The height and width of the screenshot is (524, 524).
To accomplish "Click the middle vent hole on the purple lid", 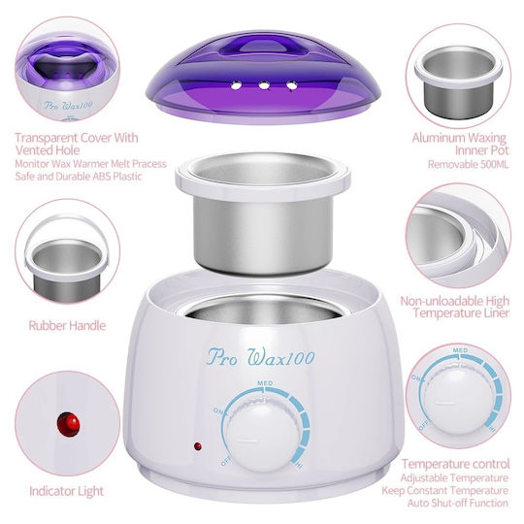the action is (264, 86).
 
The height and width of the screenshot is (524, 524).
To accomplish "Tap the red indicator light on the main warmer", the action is (198, 446).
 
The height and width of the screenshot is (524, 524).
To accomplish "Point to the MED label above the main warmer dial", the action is (265, 383).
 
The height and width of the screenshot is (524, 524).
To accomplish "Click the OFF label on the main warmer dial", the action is (226, 462).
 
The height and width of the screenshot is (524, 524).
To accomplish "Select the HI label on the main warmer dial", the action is (298, 464).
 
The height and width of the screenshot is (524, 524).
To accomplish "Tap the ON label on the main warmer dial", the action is (218, 411).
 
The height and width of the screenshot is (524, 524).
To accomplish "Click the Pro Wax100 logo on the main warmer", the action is (261, 357).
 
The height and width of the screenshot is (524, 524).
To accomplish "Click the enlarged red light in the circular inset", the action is (69, 424).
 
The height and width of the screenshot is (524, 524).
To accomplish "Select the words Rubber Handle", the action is (67, 325).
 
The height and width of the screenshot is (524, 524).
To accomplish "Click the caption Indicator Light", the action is (67, 491).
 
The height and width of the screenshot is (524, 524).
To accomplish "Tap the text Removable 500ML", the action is (468, 164).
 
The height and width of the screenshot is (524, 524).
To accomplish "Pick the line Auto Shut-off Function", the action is (458, 503).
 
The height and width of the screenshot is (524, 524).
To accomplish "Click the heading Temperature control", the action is (455, 464).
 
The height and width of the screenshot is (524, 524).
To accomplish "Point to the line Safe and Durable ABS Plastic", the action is (79, 176).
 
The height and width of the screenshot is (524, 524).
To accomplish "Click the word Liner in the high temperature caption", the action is (493, 313).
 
